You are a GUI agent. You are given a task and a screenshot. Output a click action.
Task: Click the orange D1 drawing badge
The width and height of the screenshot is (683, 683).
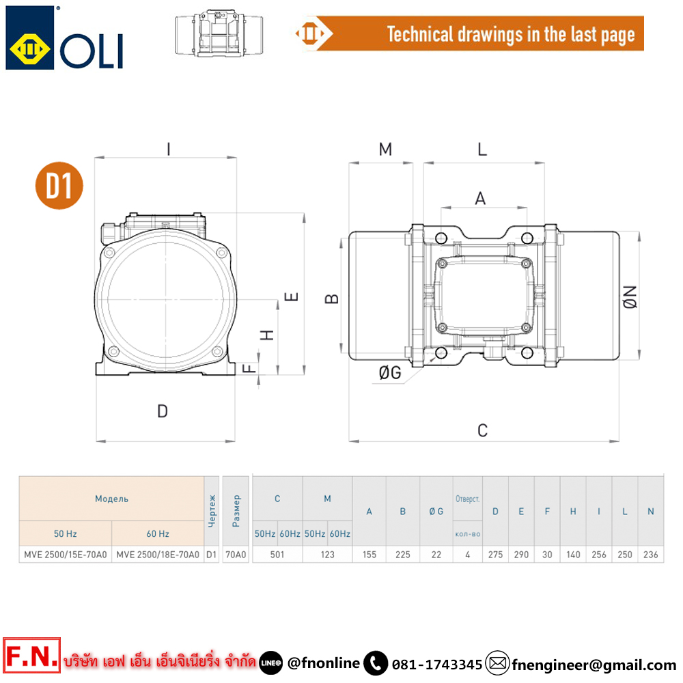59,186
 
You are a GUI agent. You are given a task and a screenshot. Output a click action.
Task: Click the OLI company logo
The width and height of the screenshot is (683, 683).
64,38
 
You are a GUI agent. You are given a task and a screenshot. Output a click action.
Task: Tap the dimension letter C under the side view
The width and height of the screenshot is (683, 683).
482,430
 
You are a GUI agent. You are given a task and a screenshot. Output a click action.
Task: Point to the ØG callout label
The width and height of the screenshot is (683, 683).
390,373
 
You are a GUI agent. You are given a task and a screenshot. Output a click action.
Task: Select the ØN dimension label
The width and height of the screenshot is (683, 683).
630,297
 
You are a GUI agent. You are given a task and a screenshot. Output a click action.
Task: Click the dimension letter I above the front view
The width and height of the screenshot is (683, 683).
169,150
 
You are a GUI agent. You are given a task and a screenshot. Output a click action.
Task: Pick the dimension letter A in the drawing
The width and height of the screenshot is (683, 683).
480,199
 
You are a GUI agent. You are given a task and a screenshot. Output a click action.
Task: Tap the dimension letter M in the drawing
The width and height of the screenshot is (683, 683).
385,150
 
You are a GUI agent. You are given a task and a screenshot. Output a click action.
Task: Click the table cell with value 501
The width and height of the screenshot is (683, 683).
277,555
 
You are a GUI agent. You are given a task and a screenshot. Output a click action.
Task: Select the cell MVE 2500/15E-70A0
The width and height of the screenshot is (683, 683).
66,555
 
